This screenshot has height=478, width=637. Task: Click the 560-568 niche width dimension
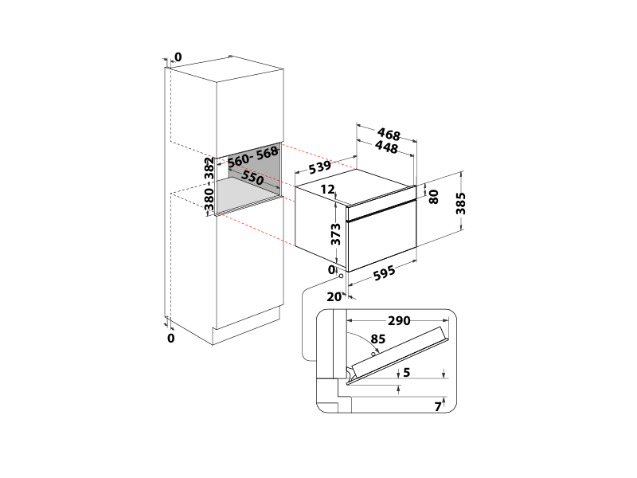point(252,156)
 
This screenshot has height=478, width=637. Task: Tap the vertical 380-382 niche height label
point(209,186)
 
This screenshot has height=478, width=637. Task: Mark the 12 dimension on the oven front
point(328,190)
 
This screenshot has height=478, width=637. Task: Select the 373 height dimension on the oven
point(336,233)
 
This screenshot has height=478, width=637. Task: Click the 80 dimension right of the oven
point(433,196)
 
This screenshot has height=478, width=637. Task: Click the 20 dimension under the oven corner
point(332,296)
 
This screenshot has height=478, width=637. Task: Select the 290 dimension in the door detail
point(398,321)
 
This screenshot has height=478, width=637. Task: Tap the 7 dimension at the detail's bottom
point(437,406)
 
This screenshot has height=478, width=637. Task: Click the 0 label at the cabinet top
point(178,57)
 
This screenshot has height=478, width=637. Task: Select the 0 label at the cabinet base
point(171,339)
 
